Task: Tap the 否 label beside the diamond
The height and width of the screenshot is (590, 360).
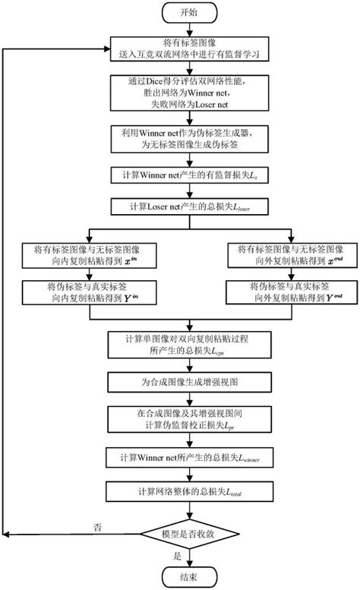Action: [97, 526]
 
